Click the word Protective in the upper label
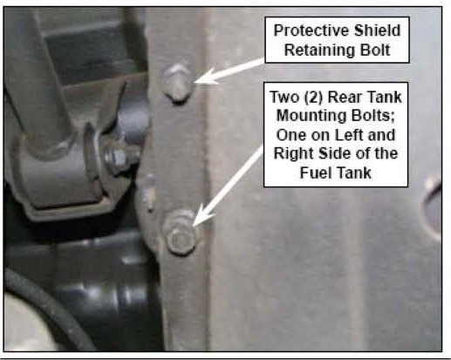tap(312, 31)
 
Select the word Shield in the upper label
tap(378, 31)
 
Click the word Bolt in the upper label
tap(375, 50)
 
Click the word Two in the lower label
tap(285, 97)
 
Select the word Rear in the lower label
tap(343, 97)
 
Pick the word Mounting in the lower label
tap(311, 116)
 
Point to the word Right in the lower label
tap(294, 153)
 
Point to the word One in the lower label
tap(290, 135)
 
